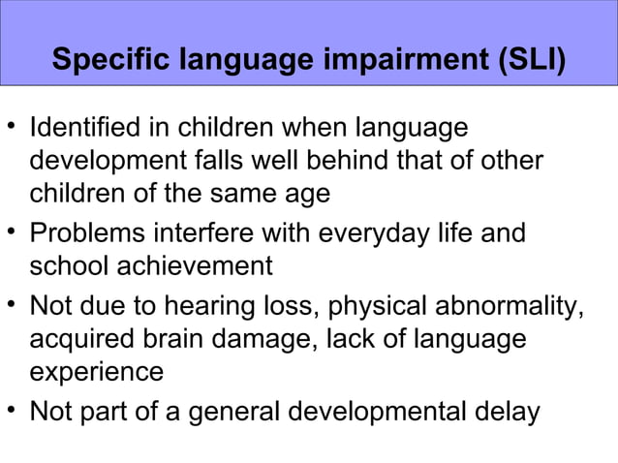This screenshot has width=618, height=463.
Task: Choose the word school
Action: [68, 265]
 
